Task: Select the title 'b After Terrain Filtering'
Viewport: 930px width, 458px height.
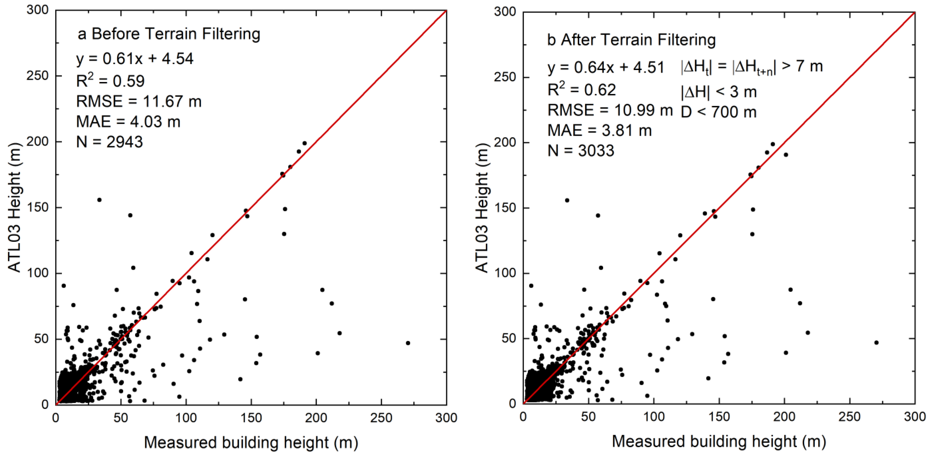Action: (631, 40)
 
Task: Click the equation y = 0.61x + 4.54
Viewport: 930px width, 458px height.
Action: (135, 59)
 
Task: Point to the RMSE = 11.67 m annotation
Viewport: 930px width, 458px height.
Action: (139, 101)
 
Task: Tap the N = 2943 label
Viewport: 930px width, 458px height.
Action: (109, 142)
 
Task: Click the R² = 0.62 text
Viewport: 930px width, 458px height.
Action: (582, 90)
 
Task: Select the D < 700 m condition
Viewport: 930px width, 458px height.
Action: (718, 112)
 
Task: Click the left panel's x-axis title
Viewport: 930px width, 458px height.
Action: (251, 442)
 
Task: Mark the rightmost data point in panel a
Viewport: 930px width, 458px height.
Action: (408, 343)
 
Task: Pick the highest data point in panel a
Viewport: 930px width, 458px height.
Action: (304, 143)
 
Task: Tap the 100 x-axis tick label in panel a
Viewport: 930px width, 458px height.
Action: (186, 418)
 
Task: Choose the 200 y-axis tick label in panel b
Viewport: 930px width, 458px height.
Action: (505, 143)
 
